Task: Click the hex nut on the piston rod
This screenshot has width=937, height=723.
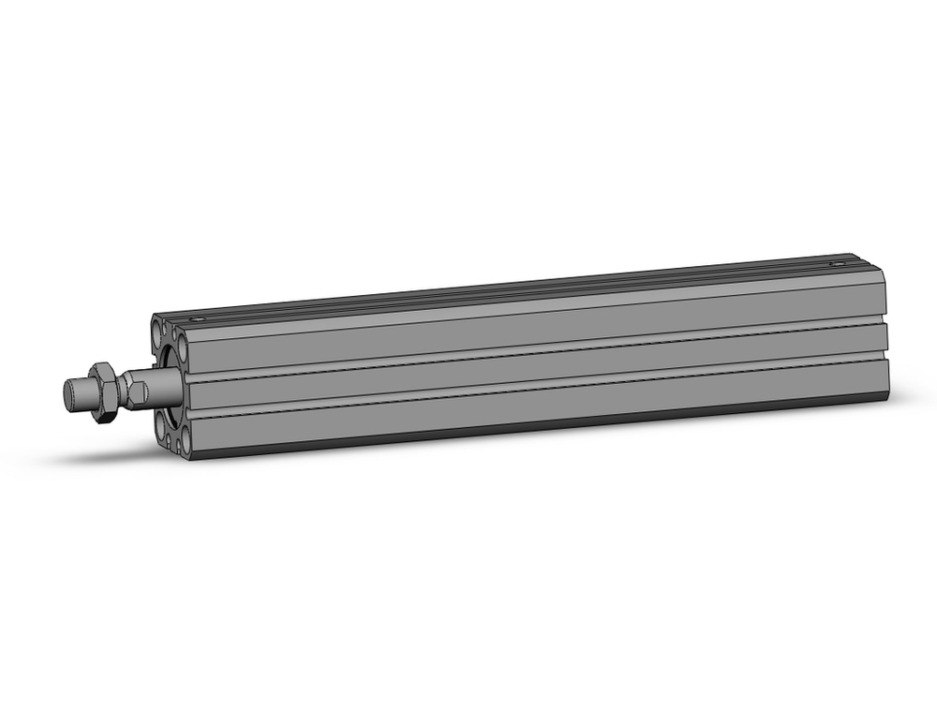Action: pos(107,389)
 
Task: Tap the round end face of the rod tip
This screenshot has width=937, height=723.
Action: pos(68,392)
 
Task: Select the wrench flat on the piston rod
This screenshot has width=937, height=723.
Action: pos(137,387)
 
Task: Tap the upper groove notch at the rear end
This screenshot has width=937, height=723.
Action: pos(885,317)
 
